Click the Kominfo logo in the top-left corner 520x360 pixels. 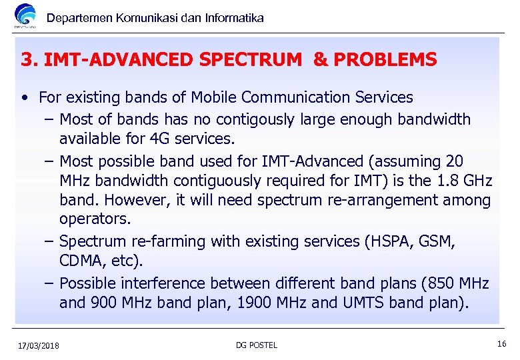pyautogui.click(x=26, y=17)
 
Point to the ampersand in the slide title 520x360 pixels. pyautogui.click(x=320, y=60)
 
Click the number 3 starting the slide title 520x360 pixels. pyautogui.click(x=27, y=60)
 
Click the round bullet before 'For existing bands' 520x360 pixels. pyautogui.click(x=24, y=98)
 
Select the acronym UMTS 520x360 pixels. pyautogui.click(x=360, y=303)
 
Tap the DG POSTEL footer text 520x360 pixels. pyautogui.click(x=257, y=345)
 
